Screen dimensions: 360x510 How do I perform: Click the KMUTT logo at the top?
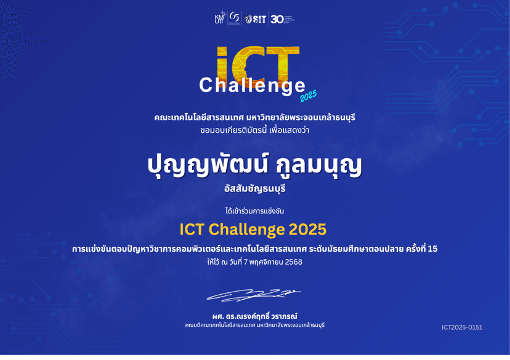click(219, 18)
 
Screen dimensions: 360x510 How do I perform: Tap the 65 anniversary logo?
click(234, 18)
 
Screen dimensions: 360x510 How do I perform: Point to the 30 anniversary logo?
click(278, 19)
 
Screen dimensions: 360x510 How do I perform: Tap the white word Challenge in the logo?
click(252, 86)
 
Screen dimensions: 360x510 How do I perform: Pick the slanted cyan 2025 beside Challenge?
click(309, 95)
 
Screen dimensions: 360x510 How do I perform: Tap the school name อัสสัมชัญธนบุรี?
click(254, 189)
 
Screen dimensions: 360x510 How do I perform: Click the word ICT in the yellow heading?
click(192, 230)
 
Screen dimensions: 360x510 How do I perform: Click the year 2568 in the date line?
click(294, 262)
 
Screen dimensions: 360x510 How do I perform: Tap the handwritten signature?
click(254, 295)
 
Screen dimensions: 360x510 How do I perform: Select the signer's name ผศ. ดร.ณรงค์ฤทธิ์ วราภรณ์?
click(254, 316)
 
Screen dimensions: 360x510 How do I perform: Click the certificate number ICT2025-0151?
click(462, 327)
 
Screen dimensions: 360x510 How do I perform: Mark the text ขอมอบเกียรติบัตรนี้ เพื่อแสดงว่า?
click(254, 130)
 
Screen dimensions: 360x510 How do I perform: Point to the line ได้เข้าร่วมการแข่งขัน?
click(254, 211)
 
